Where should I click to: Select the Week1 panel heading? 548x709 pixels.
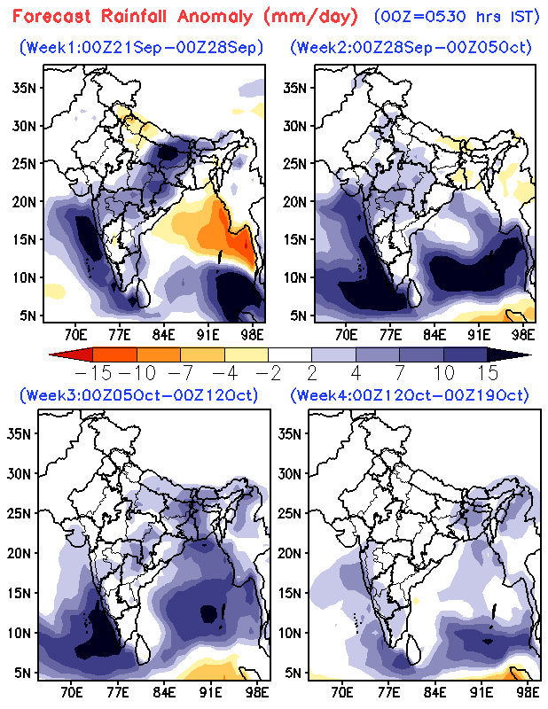point(145,48)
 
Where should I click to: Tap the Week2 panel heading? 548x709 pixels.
point(411,48)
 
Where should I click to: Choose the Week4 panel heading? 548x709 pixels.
point(411,394)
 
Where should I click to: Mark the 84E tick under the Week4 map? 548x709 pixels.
point(434,692)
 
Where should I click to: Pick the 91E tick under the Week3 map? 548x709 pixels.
point(210,692)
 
